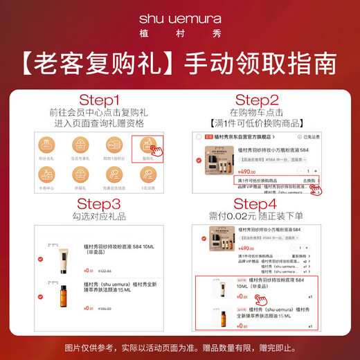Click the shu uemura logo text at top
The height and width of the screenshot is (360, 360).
(180, 17)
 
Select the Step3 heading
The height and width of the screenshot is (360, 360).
(98, 204)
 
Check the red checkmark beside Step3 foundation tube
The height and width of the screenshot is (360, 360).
(40, 258)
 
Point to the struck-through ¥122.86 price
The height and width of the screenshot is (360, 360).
(105, 271)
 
